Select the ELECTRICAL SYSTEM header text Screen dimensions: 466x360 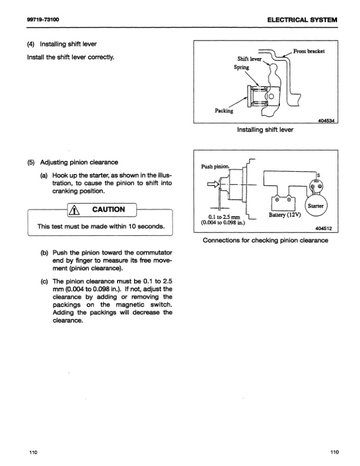point(302,19)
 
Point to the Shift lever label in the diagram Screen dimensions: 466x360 point(248,59)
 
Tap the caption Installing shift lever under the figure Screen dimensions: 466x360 point(265,129)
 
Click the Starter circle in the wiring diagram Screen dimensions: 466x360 point(316,206)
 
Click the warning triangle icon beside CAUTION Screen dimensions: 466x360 point(75,209)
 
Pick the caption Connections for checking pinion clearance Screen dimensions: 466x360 point(265,240)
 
